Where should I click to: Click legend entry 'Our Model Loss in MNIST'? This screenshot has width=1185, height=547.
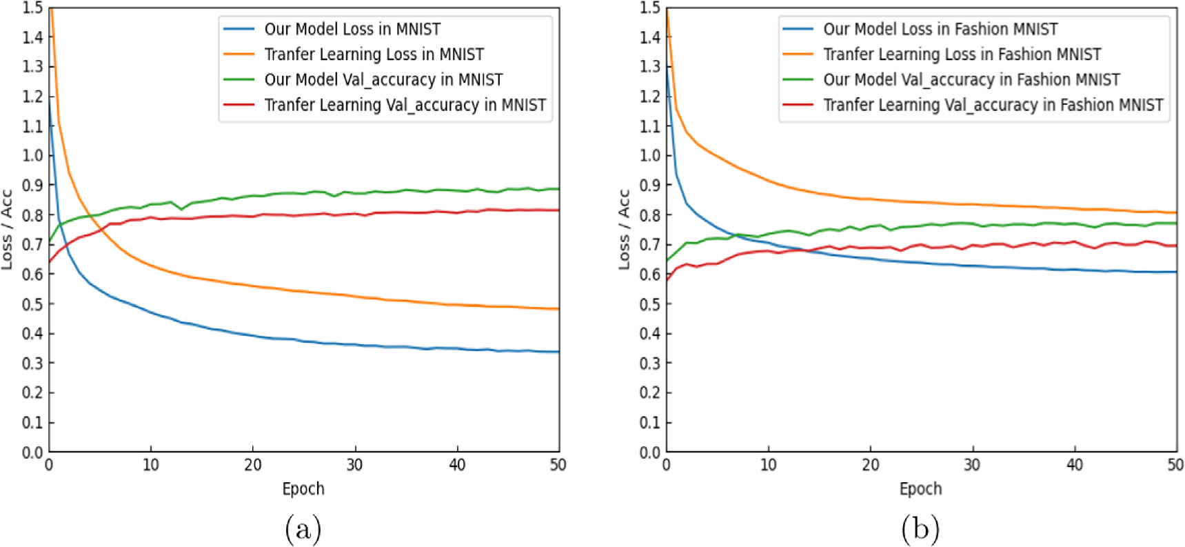pyautogui.click(x=352, y=29)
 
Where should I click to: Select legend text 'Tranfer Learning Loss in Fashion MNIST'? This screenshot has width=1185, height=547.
pyautogui.click(x=962, y=54)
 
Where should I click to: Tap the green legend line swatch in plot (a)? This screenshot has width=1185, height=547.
pyautogui.click(x=239, y=80)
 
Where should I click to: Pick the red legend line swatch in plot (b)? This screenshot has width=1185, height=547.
pyautogui.click(x=798, y=105)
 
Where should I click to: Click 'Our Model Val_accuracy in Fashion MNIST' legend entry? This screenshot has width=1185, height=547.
pyautogui.click(x=971, y=80)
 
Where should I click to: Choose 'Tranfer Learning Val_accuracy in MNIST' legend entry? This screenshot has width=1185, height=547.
pyautogui.click(x=405, y=105)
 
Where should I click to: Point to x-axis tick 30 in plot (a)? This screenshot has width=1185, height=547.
pyautogui.click(x=354, y=466)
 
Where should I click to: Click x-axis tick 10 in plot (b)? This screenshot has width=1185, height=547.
pyautogui.click(x=768, y=466)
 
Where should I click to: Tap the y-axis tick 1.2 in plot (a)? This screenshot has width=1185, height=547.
pyautogui.click(x=32, y=97)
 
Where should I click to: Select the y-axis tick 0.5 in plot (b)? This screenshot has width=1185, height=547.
pyautogui.click(x=649, y=304)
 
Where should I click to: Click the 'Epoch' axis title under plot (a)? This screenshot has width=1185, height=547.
pyautogui.click(x=303, y=489)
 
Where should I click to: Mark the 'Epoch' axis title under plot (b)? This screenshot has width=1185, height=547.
pyautogui.click(x=920, y=489)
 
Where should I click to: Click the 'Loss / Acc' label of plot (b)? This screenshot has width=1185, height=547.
pyautogui.click(x=624, y=230)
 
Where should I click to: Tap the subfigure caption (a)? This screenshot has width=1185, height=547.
pyautogui.click(x=303, y=530)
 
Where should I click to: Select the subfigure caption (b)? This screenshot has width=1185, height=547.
pyautogui.click(x=920, y=530)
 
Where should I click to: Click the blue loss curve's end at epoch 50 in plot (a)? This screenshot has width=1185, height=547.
pyautogui.click(x=558, y=352)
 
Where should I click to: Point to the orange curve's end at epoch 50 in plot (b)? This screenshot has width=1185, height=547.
pyautogui.click(x=1175, y=212)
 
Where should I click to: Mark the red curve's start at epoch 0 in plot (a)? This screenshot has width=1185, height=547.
pyautogui.click(x=50, y=262)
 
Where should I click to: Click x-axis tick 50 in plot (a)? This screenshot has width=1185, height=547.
pyautogui.click(x=558, y=466)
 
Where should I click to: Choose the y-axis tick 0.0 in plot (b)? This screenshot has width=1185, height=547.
pyautogui.click(x=649, y=452)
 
